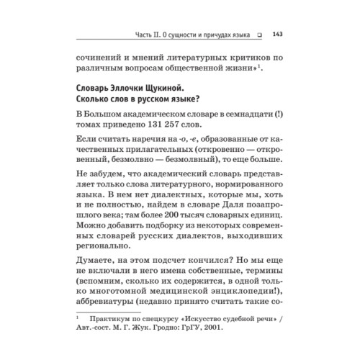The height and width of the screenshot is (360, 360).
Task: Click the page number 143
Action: point(276,32)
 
